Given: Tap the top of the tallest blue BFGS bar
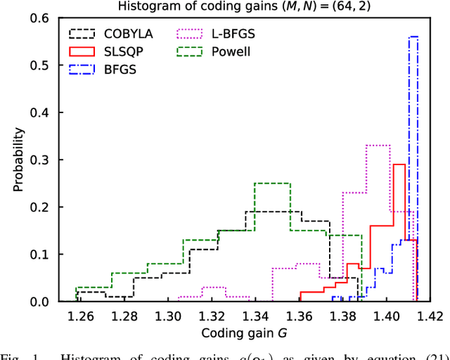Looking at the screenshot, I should click(413, 37).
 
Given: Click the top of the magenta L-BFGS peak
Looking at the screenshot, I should click(378, 146).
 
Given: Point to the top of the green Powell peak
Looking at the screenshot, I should click(272, 183).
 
